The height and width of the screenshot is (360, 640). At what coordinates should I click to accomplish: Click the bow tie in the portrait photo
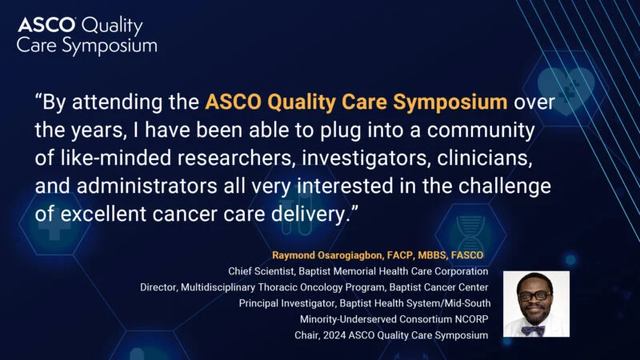tap(534, 329)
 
